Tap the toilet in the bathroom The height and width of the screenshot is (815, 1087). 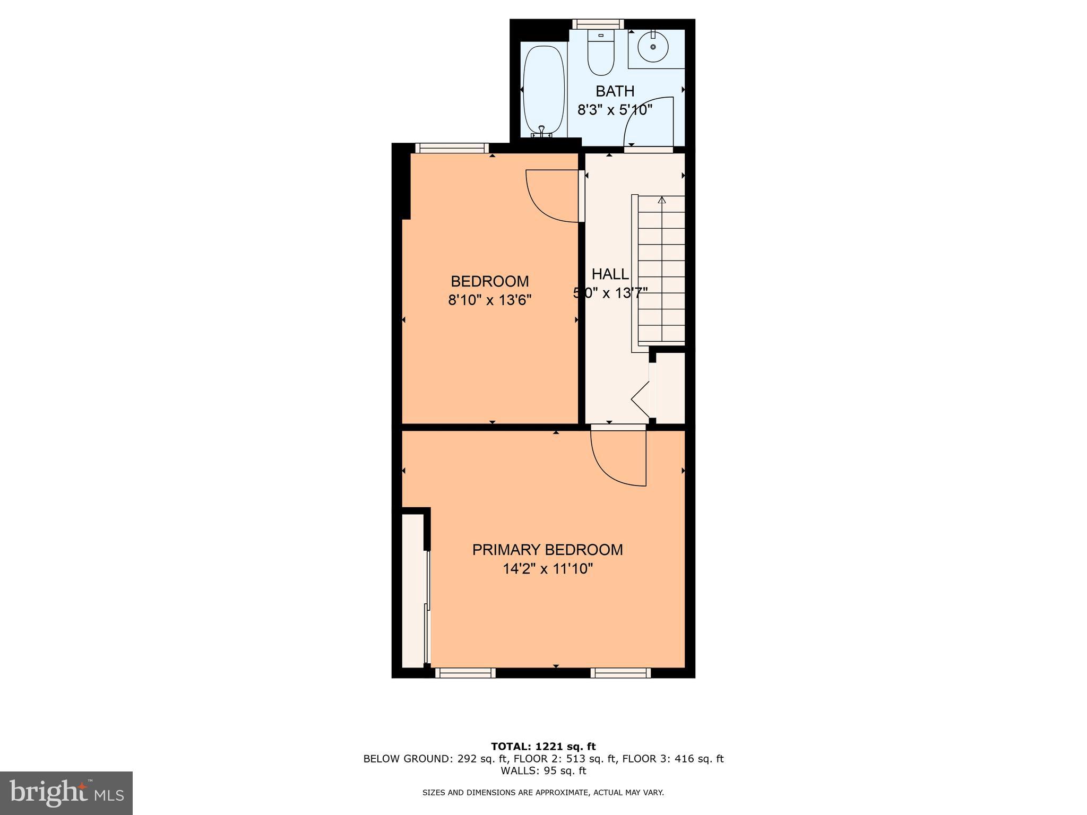click(x=600, y=53)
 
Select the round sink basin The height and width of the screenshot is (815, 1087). click(x=653, y=47)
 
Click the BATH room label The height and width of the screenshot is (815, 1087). click(x=615, y=91)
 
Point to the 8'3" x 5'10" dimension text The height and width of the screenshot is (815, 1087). click(x=615, y=110)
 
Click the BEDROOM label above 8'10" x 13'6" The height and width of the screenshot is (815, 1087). click(x=489, y=281)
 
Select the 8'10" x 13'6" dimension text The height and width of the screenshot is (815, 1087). click(x=489, y=300)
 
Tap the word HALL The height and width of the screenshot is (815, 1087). click(x=610, y=274)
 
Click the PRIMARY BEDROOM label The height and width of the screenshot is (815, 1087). click(x=547, y=550)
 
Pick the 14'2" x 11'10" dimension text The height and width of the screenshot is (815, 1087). click(x=547, y=569)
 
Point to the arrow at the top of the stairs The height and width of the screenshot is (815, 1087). click(x=661, y=201)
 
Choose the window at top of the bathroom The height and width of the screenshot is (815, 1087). click(x=598, y=23)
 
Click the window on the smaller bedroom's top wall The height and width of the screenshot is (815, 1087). click(x=452, y=148)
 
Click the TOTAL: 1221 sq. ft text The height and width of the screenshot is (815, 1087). click(x=543, y=747)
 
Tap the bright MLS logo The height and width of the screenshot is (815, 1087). click(x=66, y=793)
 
